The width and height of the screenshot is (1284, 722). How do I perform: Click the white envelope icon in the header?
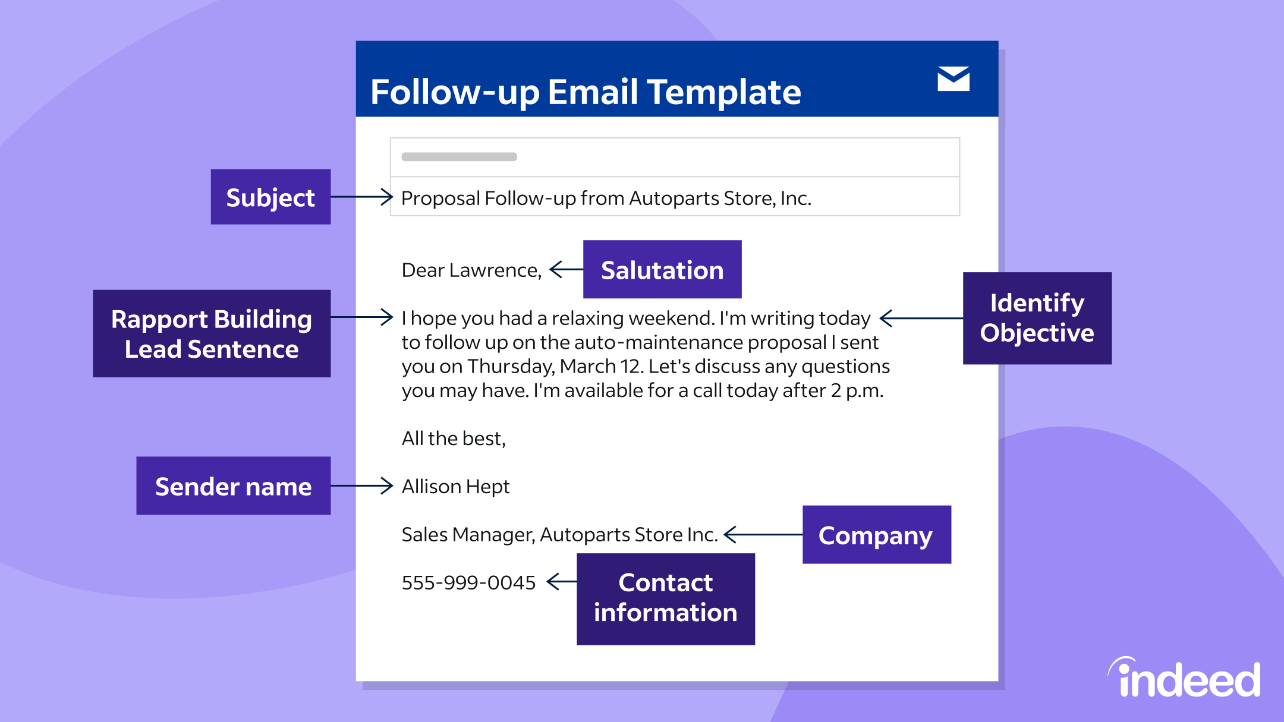point(953,78)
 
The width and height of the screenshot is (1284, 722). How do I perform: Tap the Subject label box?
point(270,197)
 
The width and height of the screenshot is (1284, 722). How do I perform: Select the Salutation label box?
point(662,269)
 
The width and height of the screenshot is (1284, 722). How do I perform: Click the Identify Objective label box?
point(1037,318)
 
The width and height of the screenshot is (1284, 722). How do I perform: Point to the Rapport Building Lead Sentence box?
point(212,333)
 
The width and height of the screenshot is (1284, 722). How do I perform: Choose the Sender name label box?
point(233,485)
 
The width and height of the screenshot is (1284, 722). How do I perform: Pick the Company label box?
point(876,534)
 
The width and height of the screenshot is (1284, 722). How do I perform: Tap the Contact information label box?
point(665,598)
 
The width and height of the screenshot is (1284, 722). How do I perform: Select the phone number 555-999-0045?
point(468,582)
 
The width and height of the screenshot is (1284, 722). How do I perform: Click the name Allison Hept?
point(455,486)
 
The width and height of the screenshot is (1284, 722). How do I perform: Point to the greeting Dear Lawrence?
point(471,270)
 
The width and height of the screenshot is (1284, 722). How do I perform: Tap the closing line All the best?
point(454,439)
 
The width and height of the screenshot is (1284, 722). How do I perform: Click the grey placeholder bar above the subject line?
point(459,157)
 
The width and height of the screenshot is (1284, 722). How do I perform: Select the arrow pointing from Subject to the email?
point(361,197)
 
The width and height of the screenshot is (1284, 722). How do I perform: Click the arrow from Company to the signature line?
point(763,534)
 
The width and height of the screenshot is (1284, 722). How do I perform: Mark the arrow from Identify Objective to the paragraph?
point(921,318)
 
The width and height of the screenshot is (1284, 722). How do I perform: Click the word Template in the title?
point(724,92)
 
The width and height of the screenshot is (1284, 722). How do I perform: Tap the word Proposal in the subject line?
point(440,198)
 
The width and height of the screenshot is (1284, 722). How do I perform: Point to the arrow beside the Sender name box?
point(361,485)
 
